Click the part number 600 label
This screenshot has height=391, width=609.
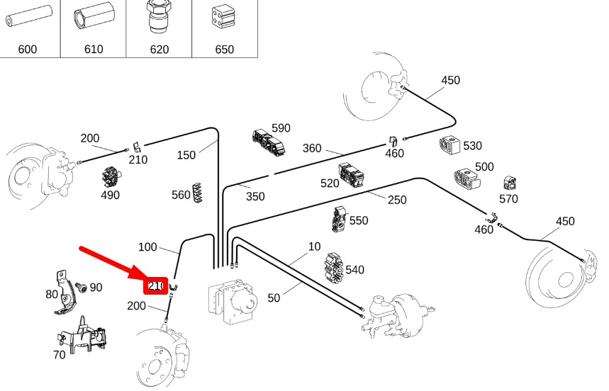27,50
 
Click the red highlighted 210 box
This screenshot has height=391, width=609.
156,286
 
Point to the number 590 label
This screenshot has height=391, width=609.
281,128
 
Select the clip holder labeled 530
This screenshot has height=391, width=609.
449,145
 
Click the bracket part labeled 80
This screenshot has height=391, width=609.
65,293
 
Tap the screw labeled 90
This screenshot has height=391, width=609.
82,288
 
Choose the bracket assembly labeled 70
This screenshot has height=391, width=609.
82,336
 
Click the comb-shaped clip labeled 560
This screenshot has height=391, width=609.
197,193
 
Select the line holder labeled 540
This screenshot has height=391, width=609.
334,268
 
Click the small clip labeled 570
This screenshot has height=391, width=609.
510,183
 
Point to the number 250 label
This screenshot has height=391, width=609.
397,200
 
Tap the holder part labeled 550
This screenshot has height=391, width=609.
340,219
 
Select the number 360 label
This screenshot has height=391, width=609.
312,148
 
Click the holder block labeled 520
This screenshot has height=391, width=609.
351,174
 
